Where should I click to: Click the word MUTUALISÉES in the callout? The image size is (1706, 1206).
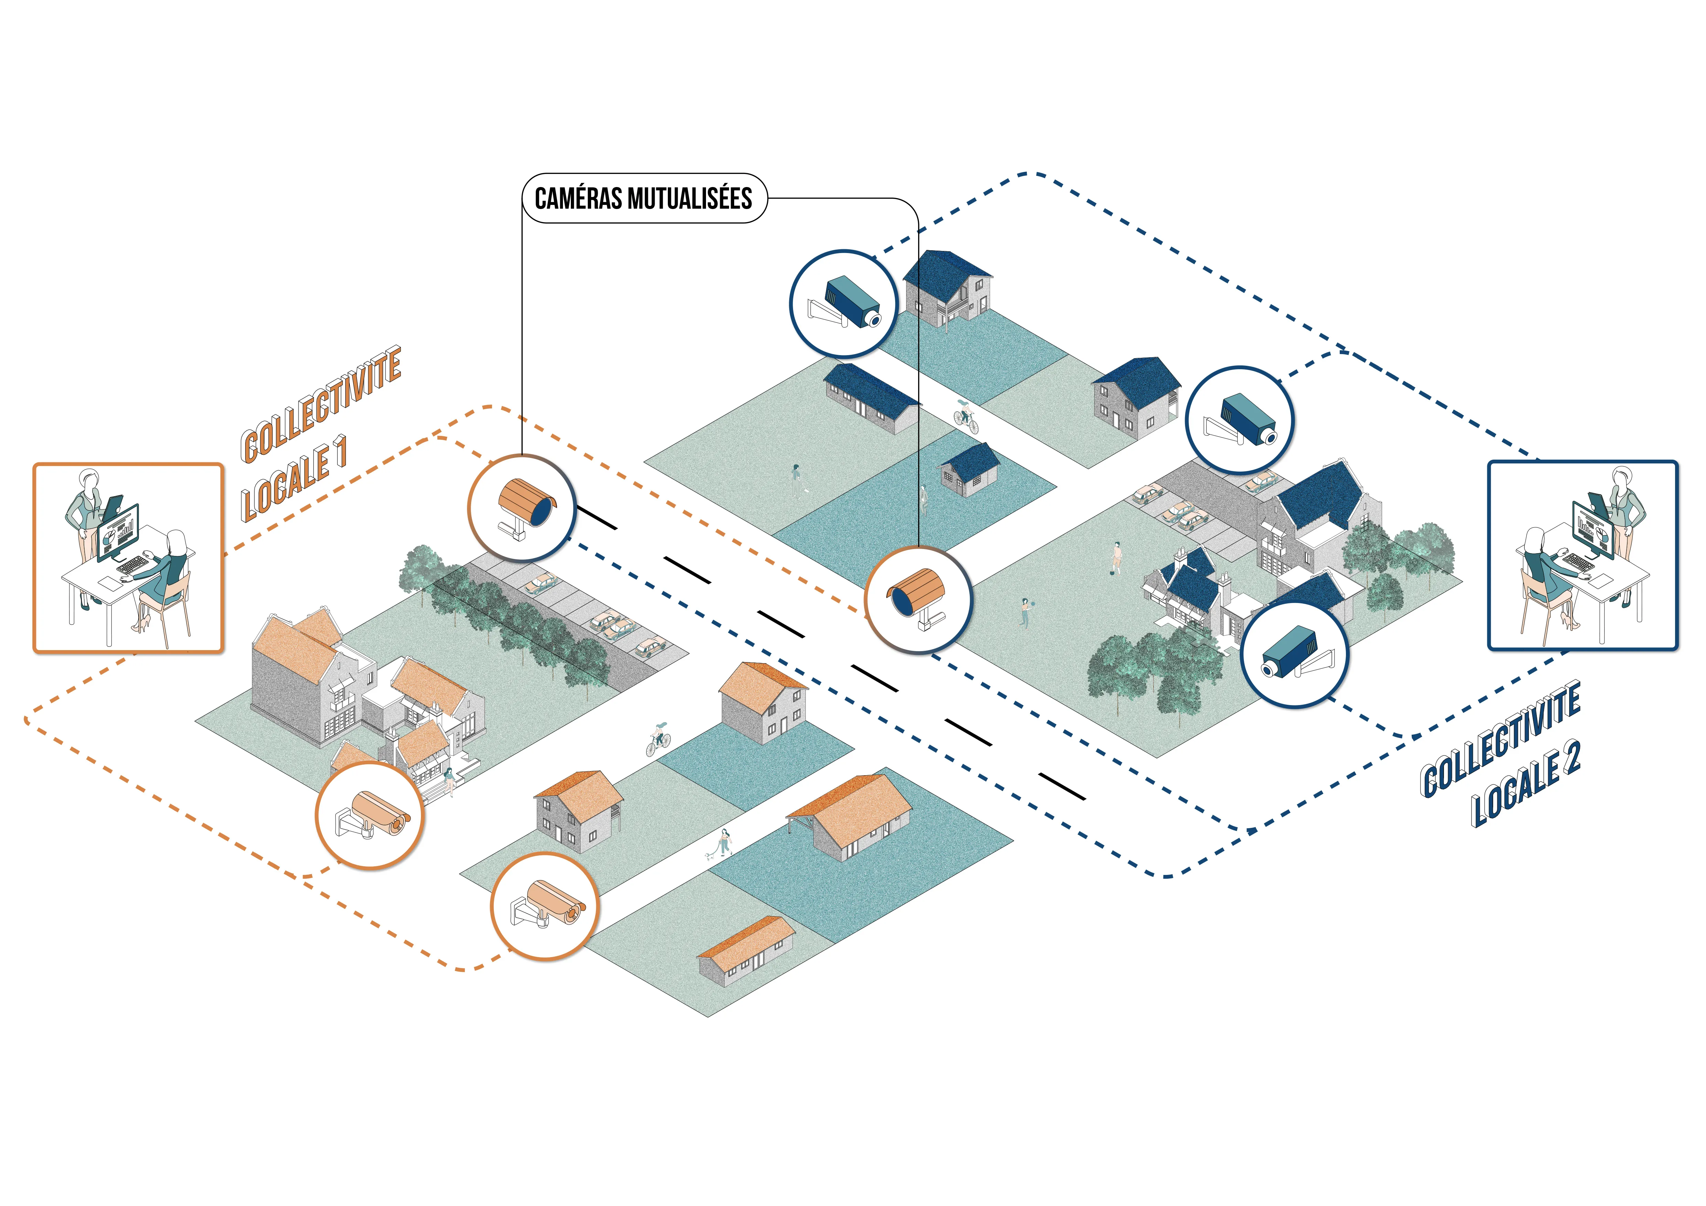689,198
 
